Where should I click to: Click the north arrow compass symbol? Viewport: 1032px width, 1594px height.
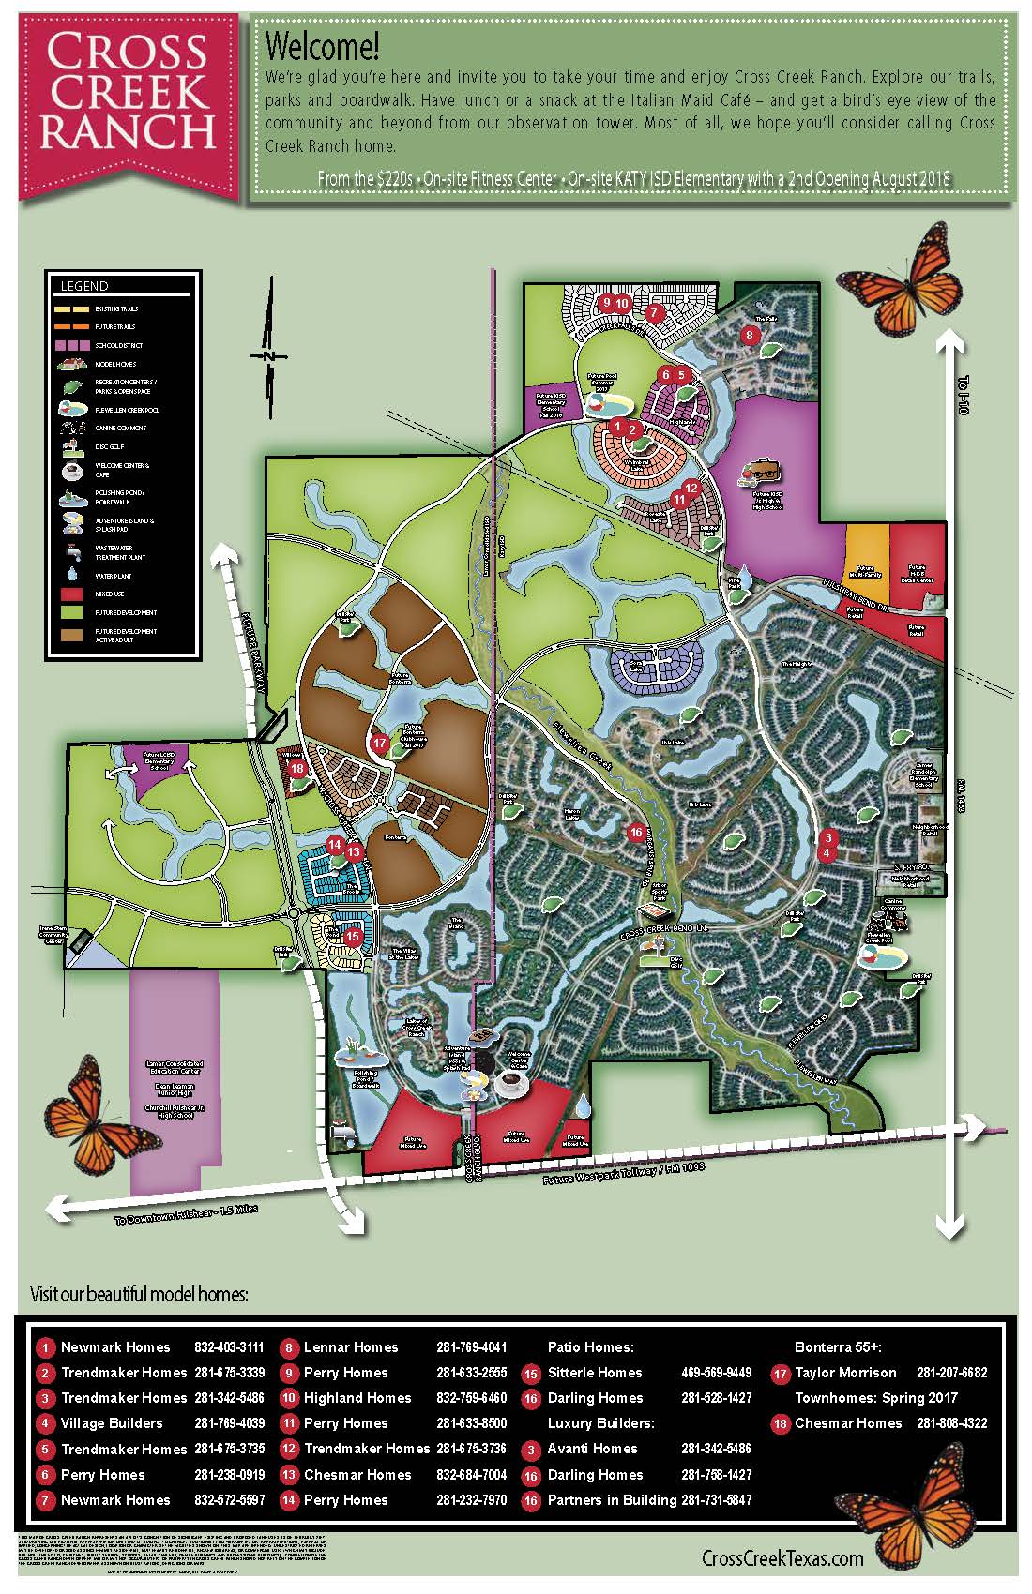pyautogui.click(x=267, y=357)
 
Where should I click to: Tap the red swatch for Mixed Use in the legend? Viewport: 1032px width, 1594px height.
pyautogui.click(x=74, y=594)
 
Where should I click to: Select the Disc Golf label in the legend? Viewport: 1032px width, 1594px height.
pyautogui.click(x=109, y=446)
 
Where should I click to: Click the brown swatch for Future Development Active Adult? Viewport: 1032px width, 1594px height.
pyautogui.click(x=74, y=634)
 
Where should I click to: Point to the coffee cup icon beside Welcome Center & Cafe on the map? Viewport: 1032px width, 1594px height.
pyautogui.click(x=511, y=1086)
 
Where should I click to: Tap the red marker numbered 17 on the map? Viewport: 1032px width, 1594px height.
pyautogui.click(x=380, y=743)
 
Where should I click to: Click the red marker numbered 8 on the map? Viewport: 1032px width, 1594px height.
pyautogui.click(x=749, y=335)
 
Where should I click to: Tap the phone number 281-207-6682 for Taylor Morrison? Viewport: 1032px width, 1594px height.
pyautogui.click(x=951, y=1372)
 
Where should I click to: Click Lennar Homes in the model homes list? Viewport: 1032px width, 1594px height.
pyautogui.click(x=351, y=1346)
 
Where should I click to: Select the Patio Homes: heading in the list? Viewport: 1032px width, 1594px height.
pyautogui.click(x=590, y=1346)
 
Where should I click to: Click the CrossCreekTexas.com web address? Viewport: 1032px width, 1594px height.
pyautogui.click(x=782, y=1558)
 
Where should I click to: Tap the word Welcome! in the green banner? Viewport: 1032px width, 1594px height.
pyautogui.click(x=322, y=46)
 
